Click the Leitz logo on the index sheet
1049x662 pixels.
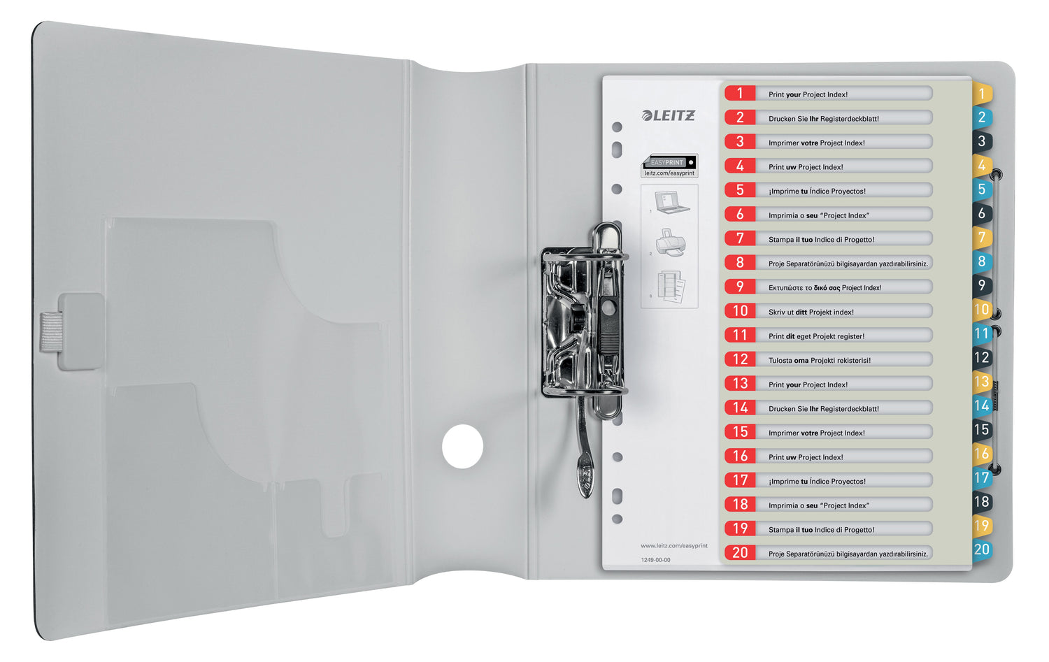tap(669, 115)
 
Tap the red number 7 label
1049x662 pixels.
tap(740, 238)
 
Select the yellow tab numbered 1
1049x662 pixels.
tap(983, 93)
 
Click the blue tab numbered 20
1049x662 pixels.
tap(982, 549)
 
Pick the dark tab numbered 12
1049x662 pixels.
tap(982, 358)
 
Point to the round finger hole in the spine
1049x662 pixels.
tap(462, 447)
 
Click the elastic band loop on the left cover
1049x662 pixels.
tap(52, 331)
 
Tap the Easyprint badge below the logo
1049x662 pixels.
tap(669, 166)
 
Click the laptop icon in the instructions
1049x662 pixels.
tap(671, 202)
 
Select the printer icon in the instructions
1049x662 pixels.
tap(671, 243)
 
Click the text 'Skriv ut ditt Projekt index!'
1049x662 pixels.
tap(811, 312)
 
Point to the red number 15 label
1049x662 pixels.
tap(740, 431)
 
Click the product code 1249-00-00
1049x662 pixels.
tap(656, 560)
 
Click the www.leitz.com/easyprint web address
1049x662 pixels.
tap(674, 546)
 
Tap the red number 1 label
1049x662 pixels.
tap(740, 93)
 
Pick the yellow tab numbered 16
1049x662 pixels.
tap(982, 454)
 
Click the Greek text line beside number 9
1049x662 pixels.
tap(825, 288)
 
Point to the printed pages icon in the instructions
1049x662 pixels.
tap(671, 286)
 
